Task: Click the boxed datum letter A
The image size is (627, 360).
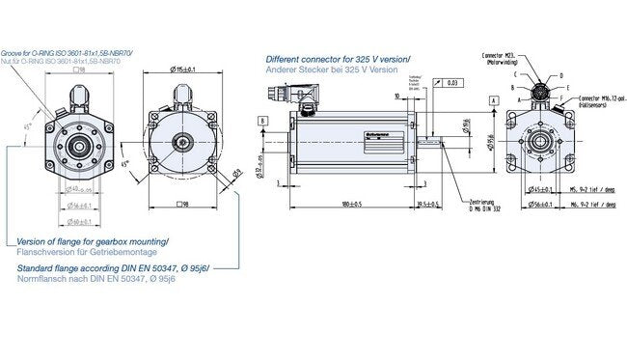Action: pos(493,100)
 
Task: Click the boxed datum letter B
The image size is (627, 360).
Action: pos(262,120)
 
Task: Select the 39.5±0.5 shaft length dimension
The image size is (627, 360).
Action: pos(424,205)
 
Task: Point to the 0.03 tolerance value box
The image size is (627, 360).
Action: pos(452,83)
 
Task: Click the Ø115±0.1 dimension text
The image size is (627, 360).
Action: pos(183,69)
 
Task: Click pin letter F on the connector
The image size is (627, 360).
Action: pos(561,97)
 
